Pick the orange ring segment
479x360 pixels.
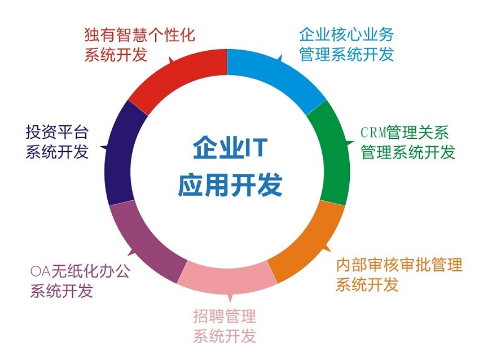point(309,242)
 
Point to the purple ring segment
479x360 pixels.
point(147,242)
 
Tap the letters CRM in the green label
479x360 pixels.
point(373,133)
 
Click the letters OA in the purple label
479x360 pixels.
point(40,271)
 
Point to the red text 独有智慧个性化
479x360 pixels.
point(140,34)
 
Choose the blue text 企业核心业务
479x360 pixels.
point(346,34)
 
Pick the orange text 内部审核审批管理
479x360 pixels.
point(399,265)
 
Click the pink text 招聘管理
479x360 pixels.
point(225,316)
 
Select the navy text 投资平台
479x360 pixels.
point(57,133)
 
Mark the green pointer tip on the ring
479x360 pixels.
point(354,142)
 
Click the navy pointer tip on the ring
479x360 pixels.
point(100,147)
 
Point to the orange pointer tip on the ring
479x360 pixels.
point(331,251)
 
